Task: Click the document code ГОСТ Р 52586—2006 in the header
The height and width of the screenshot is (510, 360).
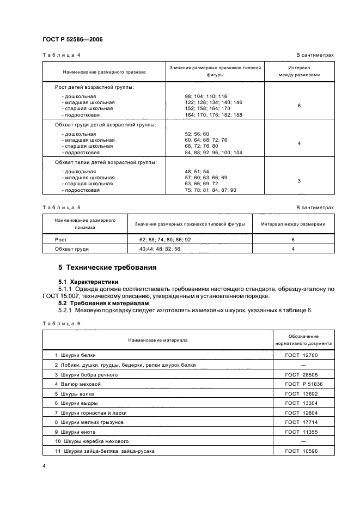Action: (x=72, y=40)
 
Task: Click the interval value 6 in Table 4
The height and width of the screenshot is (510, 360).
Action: (x=299, y=105)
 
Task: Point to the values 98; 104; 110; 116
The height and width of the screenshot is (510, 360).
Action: (x=206, y=96)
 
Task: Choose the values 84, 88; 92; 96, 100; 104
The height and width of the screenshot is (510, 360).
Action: (x=213, y=153)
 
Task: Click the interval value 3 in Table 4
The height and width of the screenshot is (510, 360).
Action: (x=299, y=180)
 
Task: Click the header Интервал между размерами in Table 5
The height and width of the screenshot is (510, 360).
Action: (x=293, y=224)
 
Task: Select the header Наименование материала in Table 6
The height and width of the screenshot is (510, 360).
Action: (x=158, y=340)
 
